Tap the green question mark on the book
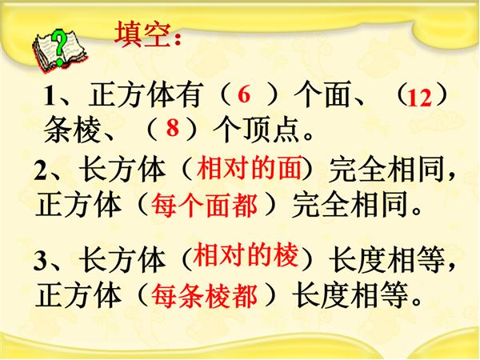[59, 46]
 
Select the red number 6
[244, 94]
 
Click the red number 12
[419, 98]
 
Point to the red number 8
[172, 128]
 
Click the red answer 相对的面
[249, 167]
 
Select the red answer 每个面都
[204, 205]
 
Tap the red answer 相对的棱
[246, 254]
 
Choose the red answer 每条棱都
[204, 296]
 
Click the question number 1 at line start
[50, 95]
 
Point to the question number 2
[40, 170]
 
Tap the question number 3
[40, 261]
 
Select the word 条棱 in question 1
[73, 130]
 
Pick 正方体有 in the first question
[146, 95]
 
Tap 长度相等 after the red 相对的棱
[387, 260]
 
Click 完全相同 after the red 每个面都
[350, 204]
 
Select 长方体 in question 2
[122, 170]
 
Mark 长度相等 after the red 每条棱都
[350, 295]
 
